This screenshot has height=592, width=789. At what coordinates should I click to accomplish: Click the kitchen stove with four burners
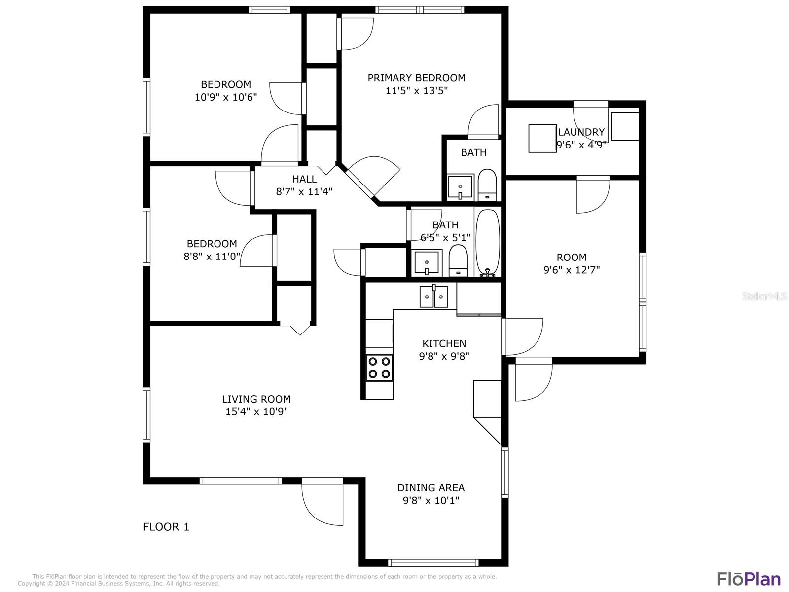(x=379, y=368)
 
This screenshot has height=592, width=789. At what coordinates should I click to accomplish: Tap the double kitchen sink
(x=434, y=297)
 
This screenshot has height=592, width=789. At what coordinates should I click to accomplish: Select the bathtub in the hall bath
(x=488, y=243)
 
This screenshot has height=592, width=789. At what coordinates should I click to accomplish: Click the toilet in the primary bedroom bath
(x=487, y=185)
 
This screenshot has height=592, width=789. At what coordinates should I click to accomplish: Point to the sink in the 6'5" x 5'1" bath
(x=427, y=263)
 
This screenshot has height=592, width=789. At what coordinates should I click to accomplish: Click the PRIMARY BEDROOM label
(x=416, y=78)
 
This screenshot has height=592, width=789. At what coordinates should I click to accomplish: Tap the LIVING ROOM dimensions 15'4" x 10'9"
(x=256, y=411)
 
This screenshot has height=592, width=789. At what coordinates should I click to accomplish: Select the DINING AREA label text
(x=431, y=488)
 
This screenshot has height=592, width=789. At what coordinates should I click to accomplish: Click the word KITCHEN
(x=444, y=344)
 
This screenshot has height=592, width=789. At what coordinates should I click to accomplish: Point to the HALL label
(x=304, y=179)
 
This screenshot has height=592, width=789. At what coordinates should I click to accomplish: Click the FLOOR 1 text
(x=166, y=527)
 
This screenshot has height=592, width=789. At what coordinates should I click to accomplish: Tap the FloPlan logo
(x=749, y=579)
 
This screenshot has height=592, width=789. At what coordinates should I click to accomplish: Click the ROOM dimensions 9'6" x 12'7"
(x=572, y=270)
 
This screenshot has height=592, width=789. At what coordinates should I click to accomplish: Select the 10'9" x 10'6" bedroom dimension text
(x=226, y=97)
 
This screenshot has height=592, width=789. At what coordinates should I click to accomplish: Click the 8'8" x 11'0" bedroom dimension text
(x=212, y=256)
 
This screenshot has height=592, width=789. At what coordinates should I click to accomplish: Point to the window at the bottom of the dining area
(x=433, y=563)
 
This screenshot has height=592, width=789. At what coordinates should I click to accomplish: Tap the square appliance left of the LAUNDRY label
(x=542, y=139)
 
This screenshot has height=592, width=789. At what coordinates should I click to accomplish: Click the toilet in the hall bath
(x=458, y=260)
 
